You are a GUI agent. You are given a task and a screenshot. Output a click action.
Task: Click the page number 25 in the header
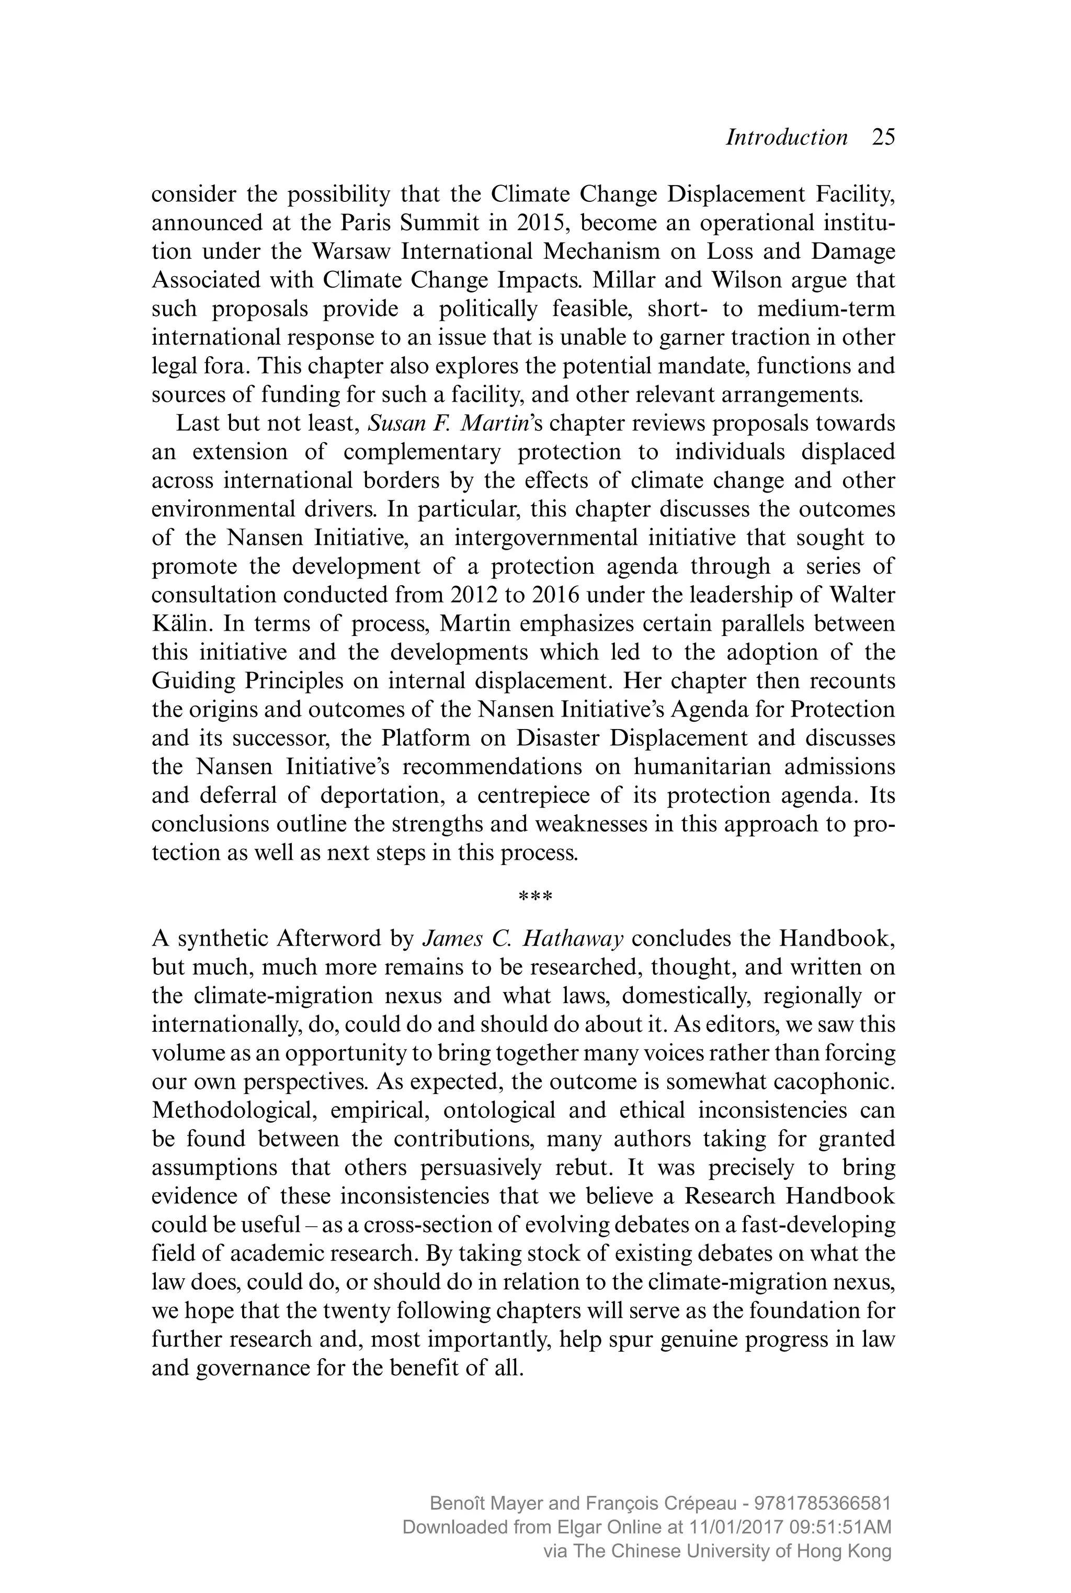tap(883, 138)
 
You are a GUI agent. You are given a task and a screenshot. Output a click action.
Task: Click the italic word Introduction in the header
tap(786, 138)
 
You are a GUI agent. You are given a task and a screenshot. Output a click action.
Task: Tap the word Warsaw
tap(350, 252)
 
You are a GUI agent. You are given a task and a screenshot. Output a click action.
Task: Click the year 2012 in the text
tap(474, 595)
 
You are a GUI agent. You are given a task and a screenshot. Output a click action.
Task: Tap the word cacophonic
tap(839, 1082)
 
